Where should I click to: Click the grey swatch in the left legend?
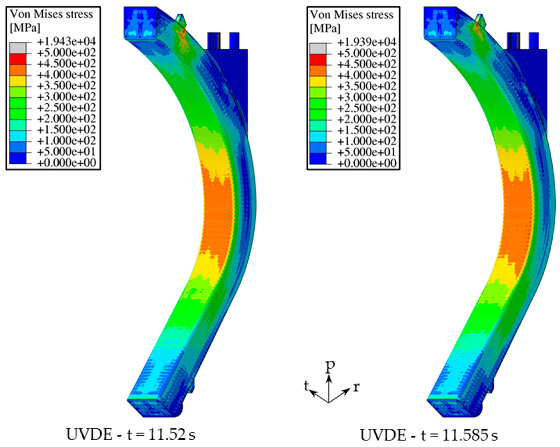point(18,48)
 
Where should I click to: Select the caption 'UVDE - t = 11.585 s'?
point(429,435)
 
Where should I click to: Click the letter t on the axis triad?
point(307,386)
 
